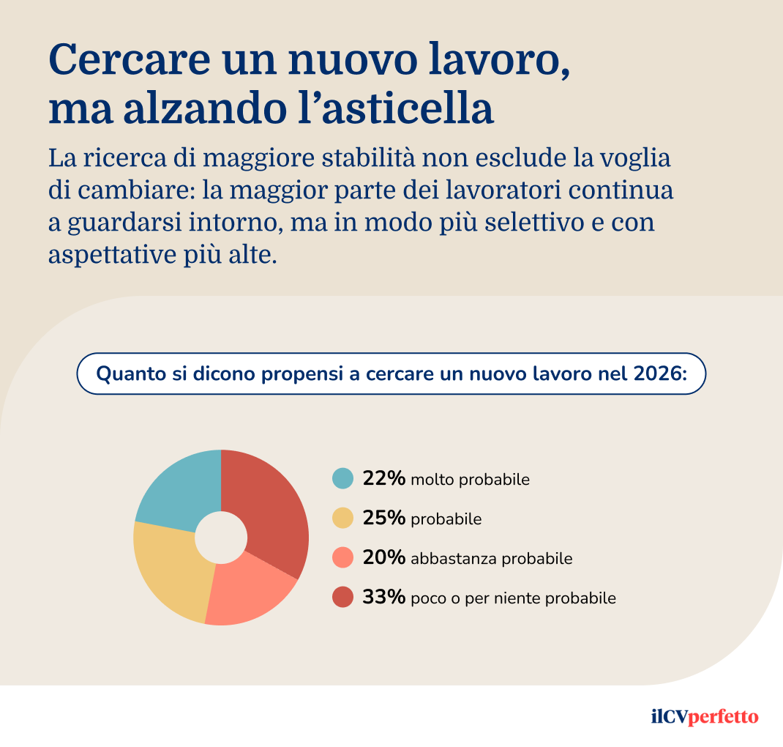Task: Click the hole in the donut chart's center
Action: pyautogui.click(x=220, y=537)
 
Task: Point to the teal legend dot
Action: pyautogui.click(x=342, y=479)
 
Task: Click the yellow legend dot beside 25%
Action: pyautogui.click(x=342, y=519)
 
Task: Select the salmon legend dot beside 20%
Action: pyautogui.click(x=342, y=558)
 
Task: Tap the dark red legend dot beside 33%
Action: pyautogui.click(x=342, y=598)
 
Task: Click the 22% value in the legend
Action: pyautogui.click(x=383, y=479)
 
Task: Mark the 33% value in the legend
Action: pyautogui.click(x=383, y=598)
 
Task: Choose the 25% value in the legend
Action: pyautogui.click(x=383, y=519)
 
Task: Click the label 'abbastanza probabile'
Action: pyautogui.click(x=491, y=559)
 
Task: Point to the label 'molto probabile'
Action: pyautogui.click(x=470, y=480)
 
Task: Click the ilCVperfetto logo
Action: pyautogui.click(x=704, y=716)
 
